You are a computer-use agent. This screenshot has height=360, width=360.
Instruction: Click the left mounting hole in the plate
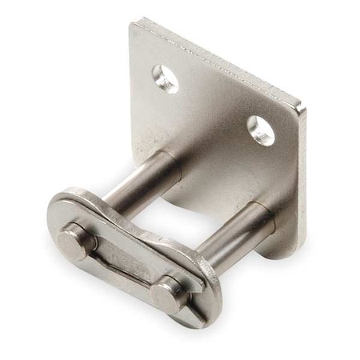click(x=166, y=78)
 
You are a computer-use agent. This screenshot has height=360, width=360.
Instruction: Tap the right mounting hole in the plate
click(x=261, y=129)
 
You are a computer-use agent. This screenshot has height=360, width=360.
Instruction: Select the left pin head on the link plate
click(x=79, y=239)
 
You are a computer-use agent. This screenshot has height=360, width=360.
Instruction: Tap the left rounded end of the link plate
click(x=54, y=212)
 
